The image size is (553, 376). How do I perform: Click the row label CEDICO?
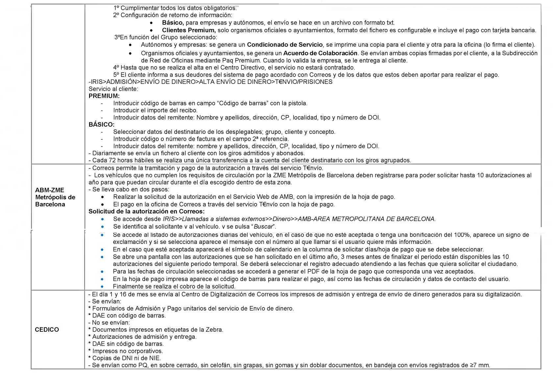[47, 330]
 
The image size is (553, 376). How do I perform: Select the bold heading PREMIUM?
[104, 96]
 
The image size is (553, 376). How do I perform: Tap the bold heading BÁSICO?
[102, 125]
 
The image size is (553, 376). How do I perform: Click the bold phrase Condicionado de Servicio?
[285, 45]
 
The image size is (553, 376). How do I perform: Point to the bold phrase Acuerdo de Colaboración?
[320, 53]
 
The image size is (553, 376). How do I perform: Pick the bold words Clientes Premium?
[189, 30]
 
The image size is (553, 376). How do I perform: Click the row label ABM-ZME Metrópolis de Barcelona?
[55, 197]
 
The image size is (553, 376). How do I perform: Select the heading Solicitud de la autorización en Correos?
[146, 211]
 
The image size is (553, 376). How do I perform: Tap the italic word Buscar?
[263, 226]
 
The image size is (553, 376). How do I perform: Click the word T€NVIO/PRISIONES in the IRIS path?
[303, 82]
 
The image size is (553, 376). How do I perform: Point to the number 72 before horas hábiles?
[112, 160]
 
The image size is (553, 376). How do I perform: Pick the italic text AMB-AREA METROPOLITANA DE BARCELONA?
[367, 219]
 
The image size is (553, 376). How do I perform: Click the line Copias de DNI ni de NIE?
[127, 358]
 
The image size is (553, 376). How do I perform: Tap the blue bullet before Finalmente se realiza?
[102, 287]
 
